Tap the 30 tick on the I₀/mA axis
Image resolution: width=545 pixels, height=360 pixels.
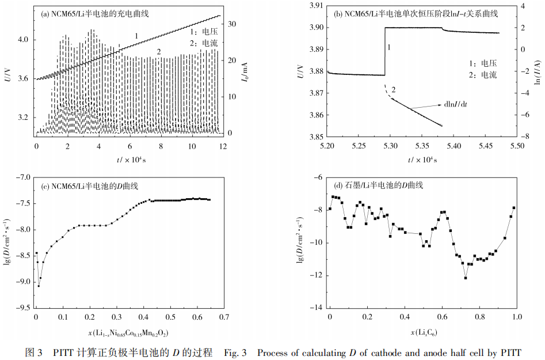pos(232,24)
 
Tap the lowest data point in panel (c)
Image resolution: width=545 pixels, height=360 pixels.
pos(39,286)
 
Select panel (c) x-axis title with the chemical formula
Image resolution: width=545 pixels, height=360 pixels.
pos(127,332)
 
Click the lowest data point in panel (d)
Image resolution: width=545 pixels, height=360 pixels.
pos(466,278)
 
